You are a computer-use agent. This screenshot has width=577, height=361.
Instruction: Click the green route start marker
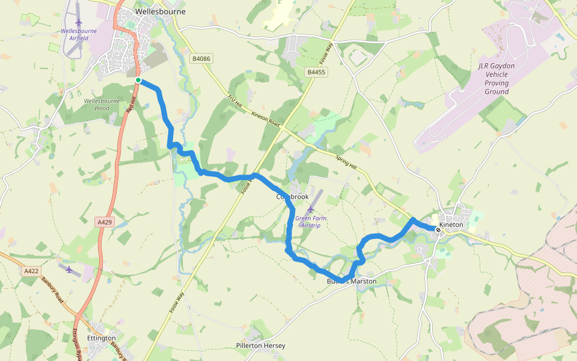point(138,80)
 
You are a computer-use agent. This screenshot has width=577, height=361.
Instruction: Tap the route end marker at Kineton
point(438,230)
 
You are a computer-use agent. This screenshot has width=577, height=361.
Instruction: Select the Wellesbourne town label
point(160,11)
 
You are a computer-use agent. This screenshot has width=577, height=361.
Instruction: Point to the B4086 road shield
point(201,58)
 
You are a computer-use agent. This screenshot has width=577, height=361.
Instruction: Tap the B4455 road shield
point(316,72)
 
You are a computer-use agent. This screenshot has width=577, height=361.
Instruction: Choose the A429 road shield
point(105,222)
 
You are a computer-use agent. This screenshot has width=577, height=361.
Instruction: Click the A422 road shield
point(31,271)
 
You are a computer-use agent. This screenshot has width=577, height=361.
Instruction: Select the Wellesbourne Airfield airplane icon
point(79,22)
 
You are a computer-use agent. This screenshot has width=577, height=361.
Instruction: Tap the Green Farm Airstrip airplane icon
point(311,209)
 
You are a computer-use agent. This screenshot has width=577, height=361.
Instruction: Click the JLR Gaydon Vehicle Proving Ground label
point(496,79)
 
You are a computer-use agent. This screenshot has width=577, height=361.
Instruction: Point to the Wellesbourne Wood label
point(102,104)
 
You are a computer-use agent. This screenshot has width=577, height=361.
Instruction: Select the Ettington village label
point(101,338)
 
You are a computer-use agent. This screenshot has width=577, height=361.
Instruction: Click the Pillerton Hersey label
point(260,346)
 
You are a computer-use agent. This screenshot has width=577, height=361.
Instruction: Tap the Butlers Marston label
point(352,282)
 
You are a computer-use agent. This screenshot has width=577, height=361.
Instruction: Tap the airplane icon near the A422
point(69,269)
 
